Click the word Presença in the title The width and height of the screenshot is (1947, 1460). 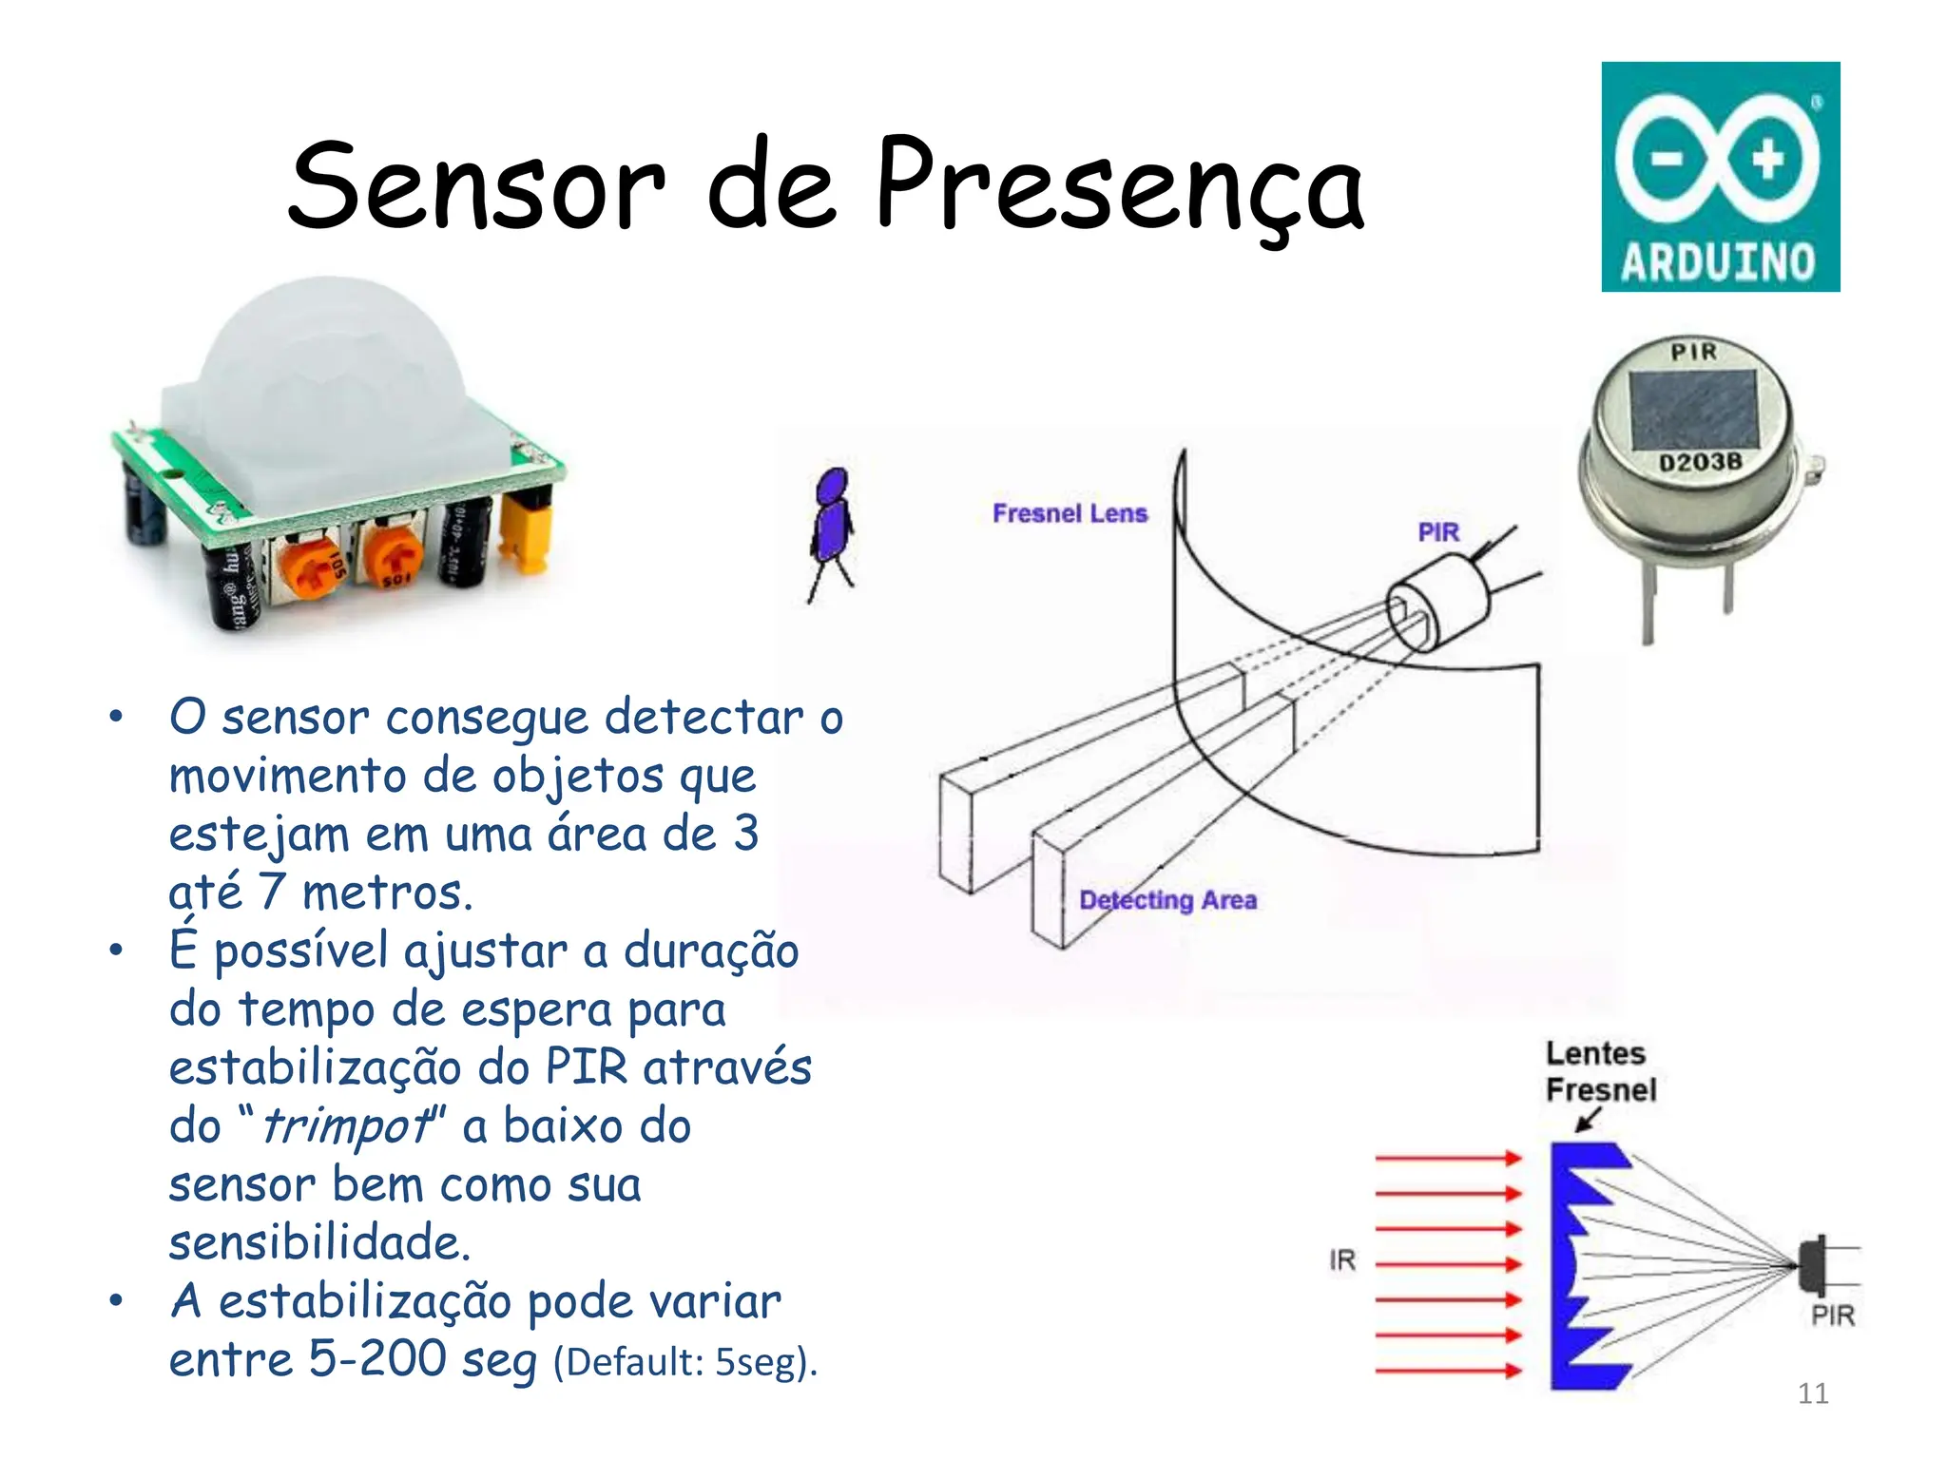[x=1119, y=185]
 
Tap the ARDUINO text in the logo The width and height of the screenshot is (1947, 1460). [x=1718, y=261]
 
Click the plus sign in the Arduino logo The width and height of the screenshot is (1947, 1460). [x=1767, y=158]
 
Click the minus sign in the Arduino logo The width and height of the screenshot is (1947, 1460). [x=1667, y=159]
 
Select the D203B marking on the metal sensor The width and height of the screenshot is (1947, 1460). [x=1701, y=463]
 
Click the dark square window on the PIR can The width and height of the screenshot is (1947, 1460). [x=1693, y=410]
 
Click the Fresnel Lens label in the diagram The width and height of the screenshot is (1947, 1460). [x=1070, y=513]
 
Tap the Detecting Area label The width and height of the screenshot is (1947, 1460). [x=1167, y=899]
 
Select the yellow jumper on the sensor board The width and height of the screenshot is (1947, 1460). [x=527, y=532]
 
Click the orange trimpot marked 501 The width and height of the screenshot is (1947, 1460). [x=393, y=561]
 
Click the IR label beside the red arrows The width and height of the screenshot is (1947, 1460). [x=1341, y=1260]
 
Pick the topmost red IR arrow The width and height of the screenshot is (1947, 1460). [x=1447, y=1158]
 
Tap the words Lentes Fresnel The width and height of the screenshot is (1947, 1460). [x=1600, y=1071]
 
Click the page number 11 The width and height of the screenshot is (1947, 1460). [x=1812, y=1393]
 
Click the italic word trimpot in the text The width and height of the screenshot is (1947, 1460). [x=346, y=1126]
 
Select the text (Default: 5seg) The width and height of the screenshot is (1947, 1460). [x=684, y=1362]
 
